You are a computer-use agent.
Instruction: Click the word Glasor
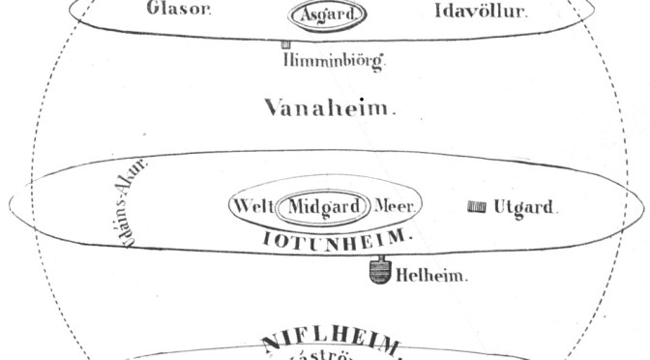(179, 12)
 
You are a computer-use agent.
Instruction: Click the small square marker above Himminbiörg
(286, 45)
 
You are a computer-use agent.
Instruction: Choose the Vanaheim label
(330, 107)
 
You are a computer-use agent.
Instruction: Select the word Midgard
(324, 206)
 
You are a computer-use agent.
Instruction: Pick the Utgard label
(527, 206)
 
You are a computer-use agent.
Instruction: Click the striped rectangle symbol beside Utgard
(476, 206)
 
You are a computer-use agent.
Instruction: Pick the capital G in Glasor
(154, 12)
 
